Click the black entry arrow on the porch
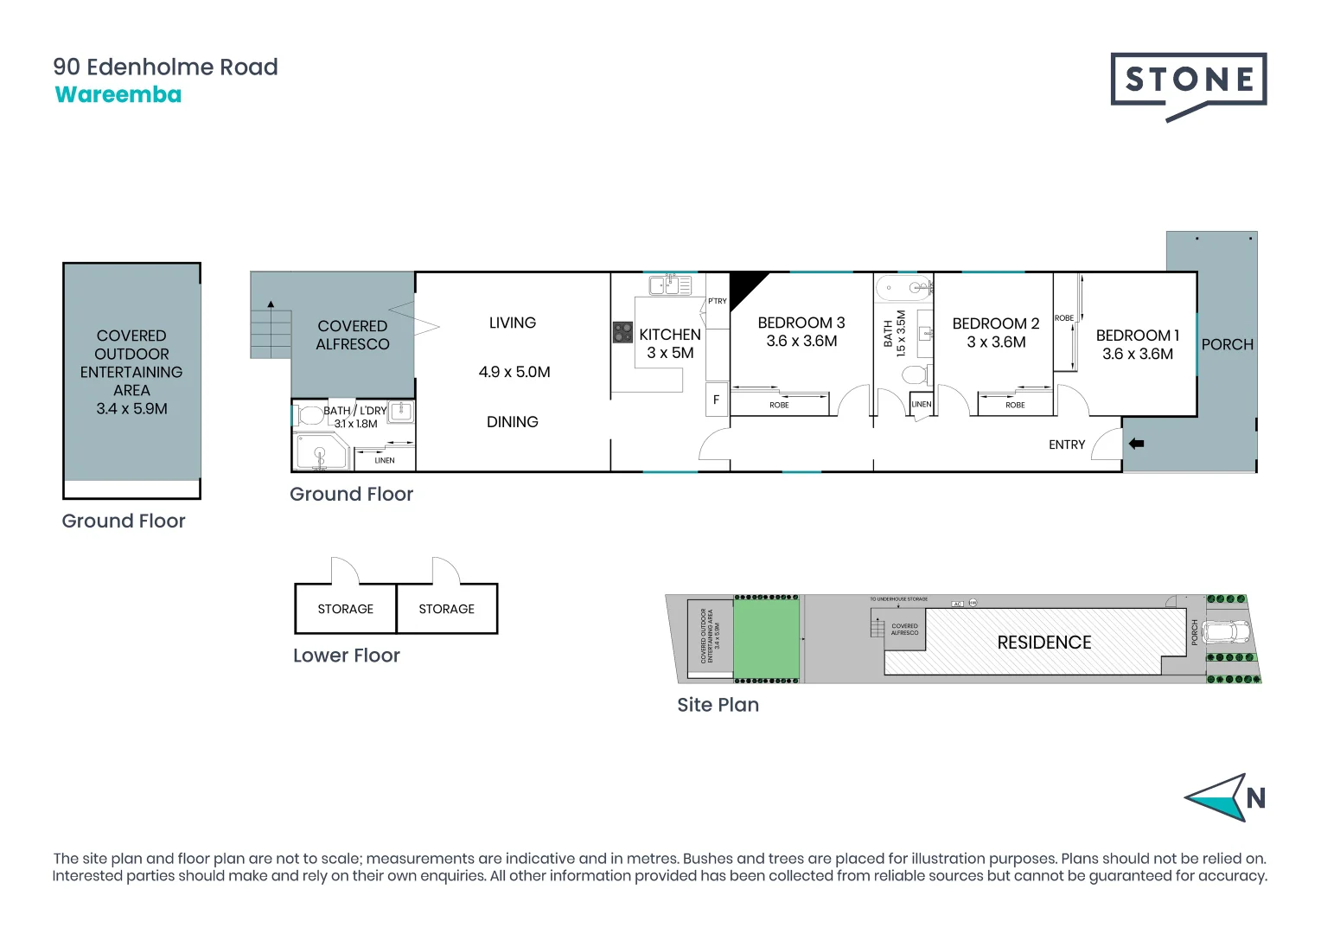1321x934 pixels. point(1136,444)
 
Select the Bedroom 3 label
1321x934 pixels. point(801,323)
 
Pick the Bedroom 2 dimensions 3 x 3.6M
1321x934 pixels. point(996,342)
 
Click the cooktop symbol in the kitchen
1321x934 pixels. point(622,332)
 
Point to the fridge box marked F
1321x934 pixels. point(716,400)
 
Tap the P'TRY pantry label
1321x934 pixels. point(718,301)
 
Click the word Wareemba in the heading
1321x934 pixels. point(118,95)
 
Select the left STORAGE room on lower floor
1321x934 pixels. point(346,609)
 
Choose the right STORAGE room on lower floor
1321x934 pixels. point(447,609)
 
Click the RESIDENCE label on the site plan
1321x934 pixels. point(1043,643)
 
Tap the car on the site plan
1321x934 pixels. point(1226,631)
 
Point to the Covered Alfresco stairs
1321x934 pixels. point(271,330)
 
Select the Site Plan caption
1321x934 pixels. point(718,705)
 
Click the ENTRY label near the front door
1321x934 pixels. point(1066,445)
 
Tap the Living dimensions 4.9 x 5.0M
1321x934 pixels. point(514,372)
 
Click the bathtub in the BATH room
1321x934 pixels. point(903,288)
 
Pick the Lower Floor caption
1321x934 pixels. point(346,656)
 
